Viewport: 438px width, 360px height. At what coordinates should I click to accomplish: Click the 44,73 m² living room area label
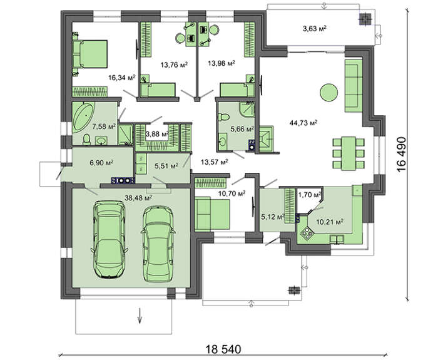click(303, 123)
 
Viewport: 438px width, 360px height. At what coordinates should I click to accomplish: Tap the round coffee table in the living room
click(328, 92)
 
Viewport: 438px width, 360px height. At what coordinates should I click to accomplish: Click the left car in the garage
click(109, 240)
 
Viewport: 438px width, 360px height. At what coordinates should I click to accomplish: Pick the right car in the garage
click(158, 244)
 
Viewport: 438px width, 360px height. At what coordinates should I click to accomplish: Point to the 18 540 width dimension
click(223, 349)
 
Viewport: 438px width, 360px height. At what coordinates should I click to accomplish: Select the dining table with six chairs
click(349, 153)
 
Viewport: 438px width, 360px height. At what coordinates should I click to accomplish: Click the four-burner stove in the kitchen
click(307, 232)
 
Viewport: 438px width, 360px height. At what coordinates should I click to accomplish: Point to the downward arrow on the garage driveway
click(140, 316)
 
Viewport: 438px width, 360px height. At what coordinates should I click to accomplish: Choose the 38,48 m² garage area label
click(138, 198)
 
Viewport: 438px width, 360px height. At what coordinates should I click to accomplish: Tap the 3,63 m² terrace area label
click(315, 28)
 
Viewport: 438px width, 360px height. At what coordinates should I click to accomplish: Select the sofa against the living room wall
click(354, 86)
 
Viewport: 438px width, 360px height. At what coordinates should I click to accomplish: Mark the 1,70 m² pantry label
click(309, 195)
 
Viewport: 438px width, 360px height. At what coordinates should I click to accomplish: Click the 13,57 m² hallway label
click(215, 162)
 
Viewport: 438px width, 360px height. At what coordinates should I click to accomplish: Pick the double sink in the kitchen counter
click(337, 240)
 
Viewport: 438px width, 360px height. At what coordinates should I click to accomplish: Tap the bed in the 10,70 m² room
click(212, 213)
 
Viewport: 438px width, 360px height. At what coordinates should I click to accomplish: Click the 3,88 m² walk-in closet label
click(157, 134)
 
